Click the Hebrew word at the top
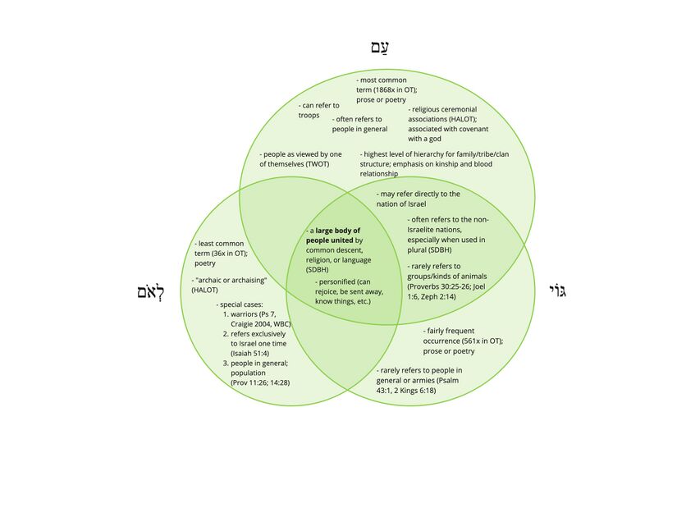click(378, 48)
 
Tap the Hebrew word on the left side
click(154, 292)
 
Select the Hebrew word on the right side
click(557, 291)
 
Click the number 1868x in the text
click(389, 89)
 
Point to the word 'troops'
click(309, 115)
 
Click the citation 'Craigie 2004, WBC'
click(261, 323)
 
